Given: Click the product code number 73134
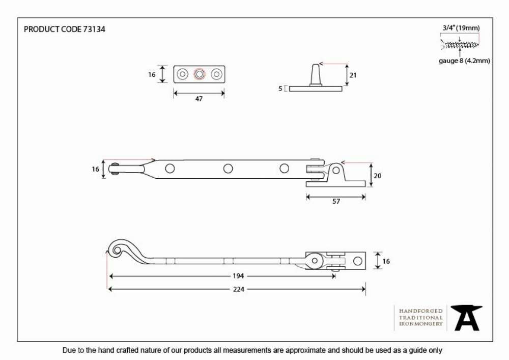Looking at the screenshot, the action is coord(94,29).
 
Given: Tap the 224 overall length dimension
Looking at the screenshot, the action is coord(239,289).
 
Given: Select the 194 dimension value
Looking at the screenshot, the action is coord(238,276).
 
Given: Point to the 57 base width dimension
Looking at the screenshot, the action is coord(336,201).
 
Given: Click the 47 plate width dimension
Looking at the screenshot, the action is coord(199,99).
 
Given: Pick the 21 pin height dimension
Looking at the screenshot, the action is coord(353,75).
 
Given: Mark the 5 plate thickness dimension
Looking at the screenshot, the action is coord(280,88).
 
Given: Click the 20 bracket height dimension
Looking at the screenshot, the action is coord(377,176).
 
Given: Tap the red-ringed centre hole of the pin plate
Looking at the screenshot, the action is coord(200,74).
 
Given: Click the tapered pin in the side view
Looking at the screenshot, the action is coord(315,75).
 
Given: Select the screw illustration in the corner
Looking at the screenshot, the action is coord(460,44).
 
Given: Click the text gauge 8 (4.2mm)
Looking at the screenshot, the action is coord(464,61).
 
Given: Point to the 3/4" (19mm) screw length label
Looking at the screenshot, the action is coord(461,28).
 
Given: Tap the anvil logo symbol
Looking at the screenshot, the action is coord(467,318).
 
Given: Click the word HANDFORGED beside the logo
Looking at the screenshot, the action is coord(421,311).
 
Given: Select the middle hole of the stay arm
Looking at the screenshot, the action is coord(228,169).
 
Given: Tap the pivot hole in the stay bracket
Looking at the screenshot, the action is coord(336,170).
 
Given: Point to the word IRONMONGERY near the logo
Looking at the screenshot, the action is coord(421,324).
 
